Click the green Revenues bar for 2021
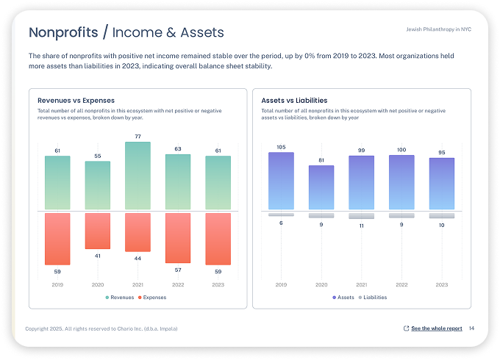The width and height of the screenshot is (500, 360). tap(137, 176)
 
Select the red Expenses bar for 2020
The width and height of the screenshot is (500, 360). tap(98, 231)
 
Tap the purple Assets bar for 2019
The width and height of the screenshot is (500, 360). tap(281, 181)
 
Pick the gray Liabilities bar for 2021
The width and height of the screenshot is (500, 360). tap(361, 216)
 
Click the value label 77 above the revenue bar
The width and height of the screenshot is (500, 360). tap(137, 137)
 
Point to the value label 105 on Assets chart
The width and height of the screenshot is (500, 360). tap(281, 147)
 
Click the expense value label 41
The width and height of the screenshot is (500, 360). tap(98, 256)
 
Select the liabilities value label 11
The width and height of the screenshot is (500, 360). tap(361, 226)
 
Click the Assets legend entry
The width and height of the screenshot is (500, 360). tap(343, 298)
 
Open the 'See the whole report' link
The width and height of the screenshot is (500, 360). tap(436, 328)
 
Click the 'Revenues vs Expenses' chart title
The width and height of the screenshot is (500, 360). tap(76, 101)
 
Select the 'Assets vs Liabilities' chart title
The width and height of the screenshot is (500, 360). tap(294, 101)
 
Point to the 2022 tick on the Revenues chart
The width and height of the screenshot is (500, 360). tap(178, 284)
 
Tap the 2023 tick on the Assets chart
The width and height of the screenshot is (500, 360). tap(441, 284)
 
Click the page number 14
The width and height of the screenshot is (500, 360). tap(471, 328)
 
